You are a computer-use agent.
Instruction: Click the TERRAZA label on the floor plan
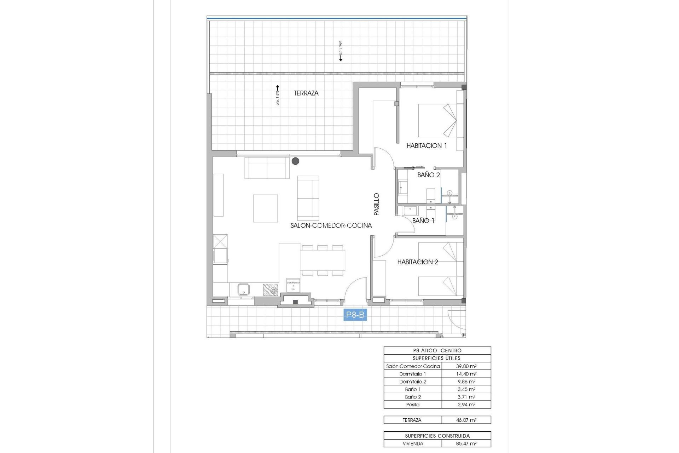pos(306,93)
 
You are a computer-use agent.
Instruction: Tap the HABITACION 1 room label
pos(426,145)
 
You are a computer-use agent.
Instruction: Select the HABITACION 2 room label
pos(417,262)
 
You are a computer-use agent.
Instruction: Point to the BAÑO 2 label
pos(428,175)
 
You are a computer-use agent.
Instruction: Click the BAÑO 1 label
pos(423,220)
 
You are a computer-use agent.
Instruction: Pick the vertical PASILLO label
pos(377,204)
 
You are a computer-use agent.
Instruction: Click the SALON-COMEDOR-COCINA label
pos(331,225)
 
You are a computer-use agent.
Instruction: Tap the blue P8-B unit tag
pos(355,315)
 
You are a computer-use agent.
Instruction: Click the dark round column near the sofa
pos(295,161)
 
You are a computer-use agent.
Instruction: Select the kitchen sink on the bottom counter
pos(243,289)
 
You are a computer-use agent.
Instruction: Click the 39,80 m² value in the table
pos(466,366)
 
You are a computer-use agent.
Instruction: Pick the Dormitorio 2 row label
pos(413,382)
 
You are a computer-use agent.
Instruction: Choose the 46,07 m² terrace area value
pos(466,420)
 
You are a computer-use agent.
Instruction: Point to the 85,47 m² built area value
pos(466,443)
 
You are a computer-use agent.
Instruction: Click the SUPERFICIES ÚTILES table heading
pos(437,358)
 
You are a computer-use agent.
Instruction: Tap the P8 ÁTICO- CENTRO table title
pos(437,350)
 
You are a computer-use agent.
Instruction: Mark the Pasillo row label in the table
pos(413,405)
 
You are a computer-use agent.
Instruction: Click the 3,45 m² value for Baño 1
pos(466,389)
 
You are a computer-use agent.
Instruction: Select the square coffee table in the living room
pos(265,208)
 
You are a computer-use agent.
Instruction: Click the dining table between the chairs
pos(323,260)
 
